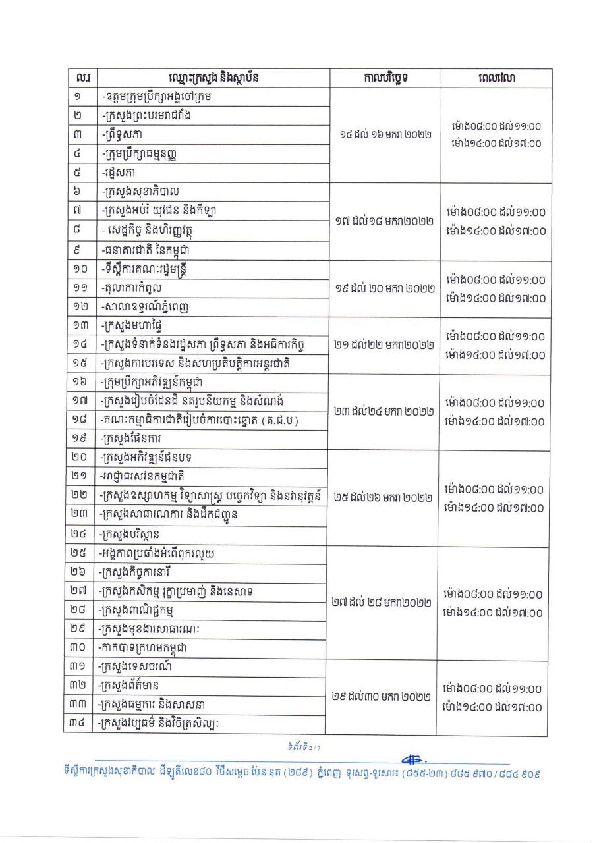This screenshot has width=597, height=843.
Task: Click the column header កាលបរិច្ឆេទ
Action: point(385,78)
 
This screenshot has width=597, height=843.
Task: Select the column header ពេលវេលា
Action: point(497,78)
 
